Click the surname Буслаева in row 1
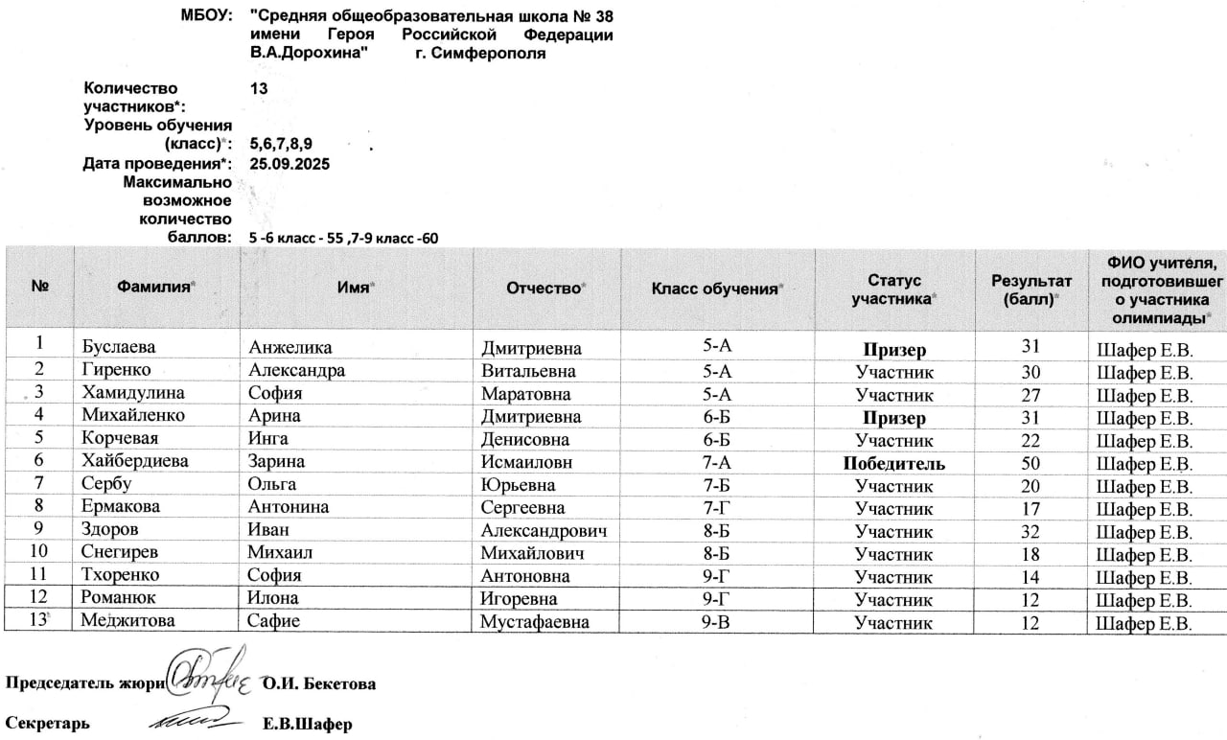coord(119,348)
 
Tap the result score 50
coord(1031,464)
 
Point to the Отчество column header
coord(546,288)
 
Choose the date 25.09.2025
coord(289,164)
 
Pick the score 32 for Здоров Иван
coord(1031,532)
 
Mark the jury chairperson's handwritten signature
coord(210,676)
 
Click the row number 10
coord(39,554)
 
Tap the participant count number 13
coord(258,88)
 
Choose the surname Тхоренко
coord(121,577)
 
